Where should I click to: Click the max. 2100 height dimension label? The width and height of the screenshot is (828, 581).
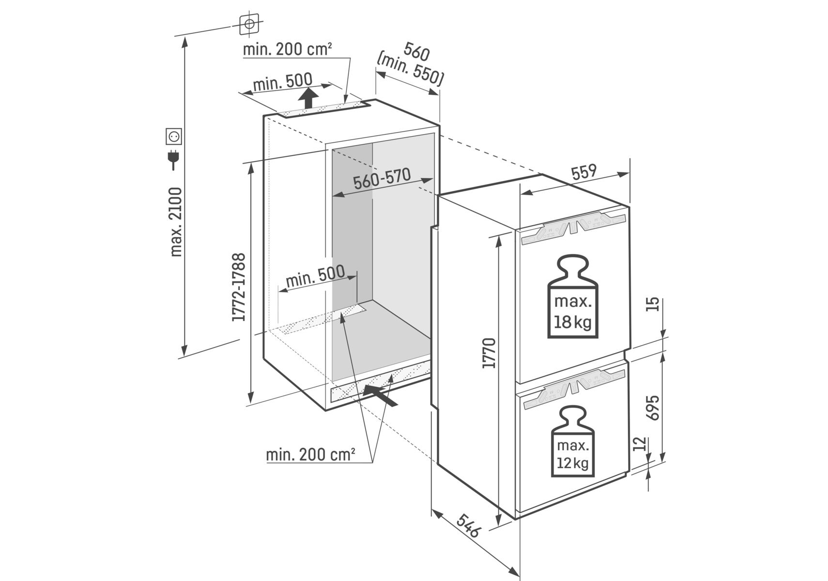coord(176,221)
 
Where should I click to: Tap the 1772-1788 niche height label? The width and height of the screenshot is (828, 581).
coord(240,287)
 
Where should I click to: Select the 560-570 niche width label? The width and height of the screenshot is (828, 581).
coord(382,179)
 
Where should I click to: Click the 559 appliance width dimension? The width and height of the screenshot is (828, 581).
coord(583,172)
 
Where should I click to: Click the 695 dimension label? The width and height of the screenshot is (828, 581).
coord(652,408)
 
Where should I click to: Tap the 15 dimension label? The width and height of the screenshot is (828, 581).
coord(653,304)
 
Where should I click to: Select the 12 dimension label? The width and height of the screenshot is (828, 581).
coord(640,443)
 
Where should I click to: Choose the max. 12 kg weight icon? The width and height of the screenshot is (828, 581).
coord(572,441)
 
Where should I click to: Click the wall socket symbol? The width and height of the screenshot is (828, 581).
coord(174,137)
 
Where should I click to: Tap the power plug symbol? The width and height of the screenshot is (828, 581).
coord(173,160)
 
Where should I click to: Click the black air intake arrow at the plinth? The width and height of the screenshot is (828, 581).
coord(380,395)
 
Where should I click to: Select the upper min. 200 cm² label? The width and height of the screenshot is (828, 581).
coord(287,49)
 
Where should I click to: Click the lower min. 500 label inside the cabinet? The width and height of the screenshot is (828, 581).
coord(315,276)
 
